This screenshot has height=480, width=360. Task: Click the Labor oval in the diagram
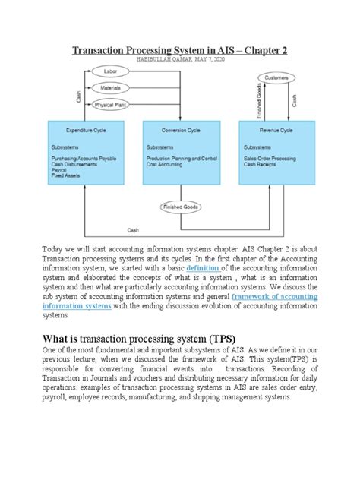(101, 74)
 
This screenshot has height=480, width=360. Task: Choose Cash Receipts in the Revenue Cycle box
(263, 164)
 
